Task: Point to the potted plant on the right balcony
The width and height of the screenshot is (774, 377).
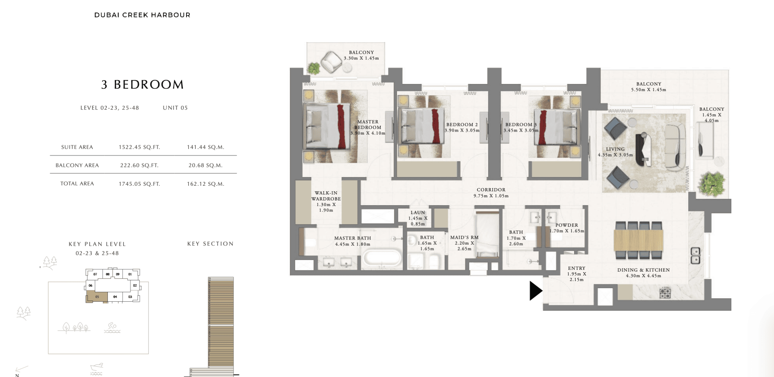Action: [x=712, y=184]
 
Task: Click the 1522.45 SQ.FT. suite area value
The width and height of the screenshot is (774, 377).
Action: [x=139, y=147]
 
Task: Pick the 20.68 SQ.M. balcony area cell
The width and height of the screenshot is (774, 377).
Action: [x=205, y=165]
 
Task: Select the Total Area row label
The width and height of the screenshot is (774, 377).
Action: [x=77, y=184]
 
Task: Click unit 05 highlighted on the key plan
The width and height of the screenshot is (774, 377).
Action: [x=97, y=297]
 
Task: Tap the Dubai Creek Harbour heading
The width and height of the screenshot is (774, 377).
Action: [x=142, y=15]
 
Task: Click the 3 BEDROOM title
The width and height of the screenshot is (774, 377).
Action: [x=142, y=84]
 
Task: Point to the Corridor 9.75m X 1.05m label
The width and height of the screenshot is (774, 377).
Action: [x=491, y=193]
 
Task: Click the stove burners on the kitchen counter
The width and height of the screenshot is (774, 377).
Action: [x=665, y=293]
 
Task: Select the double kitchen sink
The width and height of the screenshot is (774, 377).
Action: [x=696, y=256]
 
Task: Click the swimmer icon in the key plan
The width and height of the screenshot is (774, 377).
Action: [x=112, y=327]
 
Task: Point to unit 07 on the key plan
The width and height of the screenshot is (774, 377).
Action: [x=95, y=274]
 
